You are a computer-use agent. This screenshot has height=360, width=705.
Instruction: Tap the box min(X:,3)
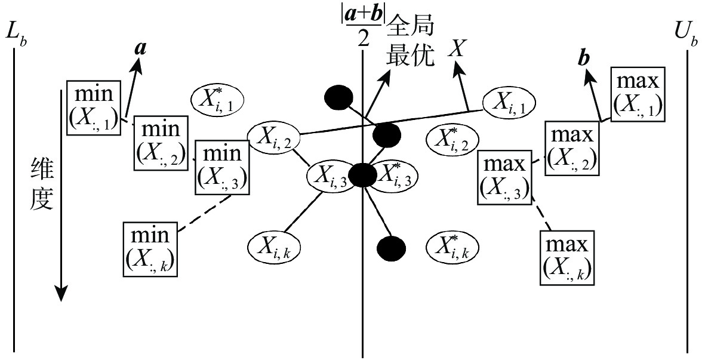pos(222,167)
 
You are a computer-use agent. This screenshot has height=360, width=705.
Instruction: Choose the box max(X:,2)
pos(572,147)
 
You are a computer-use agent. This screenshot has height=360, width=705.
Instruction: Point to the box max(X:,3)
pos(505,177)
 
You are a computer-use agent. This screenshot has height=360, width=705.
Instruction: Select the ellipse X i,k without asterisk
pos(273,245)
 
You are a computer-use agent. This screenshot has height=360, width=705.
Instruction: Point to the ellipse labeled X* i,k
pos(452,245)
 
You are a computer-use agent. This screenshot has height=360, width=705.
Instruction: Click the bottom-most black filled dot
pos(391,246)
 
